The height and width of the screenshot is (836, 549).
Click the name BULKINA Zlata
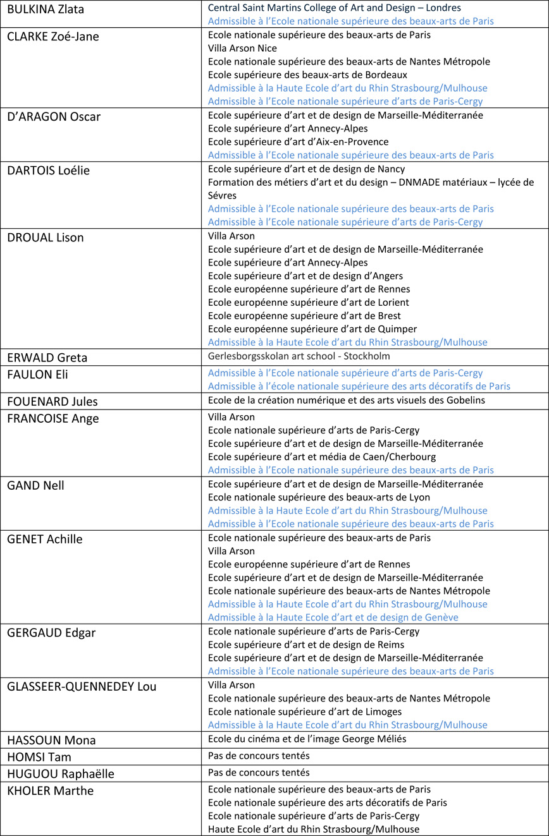[46, 9]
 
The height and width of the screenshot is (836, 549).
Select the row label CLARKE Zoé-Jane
[53, 36]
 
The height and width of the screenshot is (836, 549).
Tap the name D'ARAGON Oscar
[54, 116]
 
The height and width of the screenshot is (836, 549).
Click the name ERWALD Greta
[47, 358]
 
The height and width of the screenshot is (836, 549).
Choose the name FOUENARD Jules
[52, 401]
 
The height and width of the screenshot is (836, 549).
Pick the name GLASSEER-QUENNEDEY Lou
[82, 687]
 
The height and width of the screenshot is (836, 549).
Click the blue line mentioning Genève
[333, 617]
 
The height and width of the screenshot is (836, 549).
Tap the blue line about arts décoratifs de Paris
[359, 386]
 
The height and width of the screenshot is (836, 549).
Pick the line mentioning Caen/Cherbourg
[321, 457]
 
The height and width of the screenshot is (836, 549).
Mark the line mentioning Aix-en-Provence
[298, 142]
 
